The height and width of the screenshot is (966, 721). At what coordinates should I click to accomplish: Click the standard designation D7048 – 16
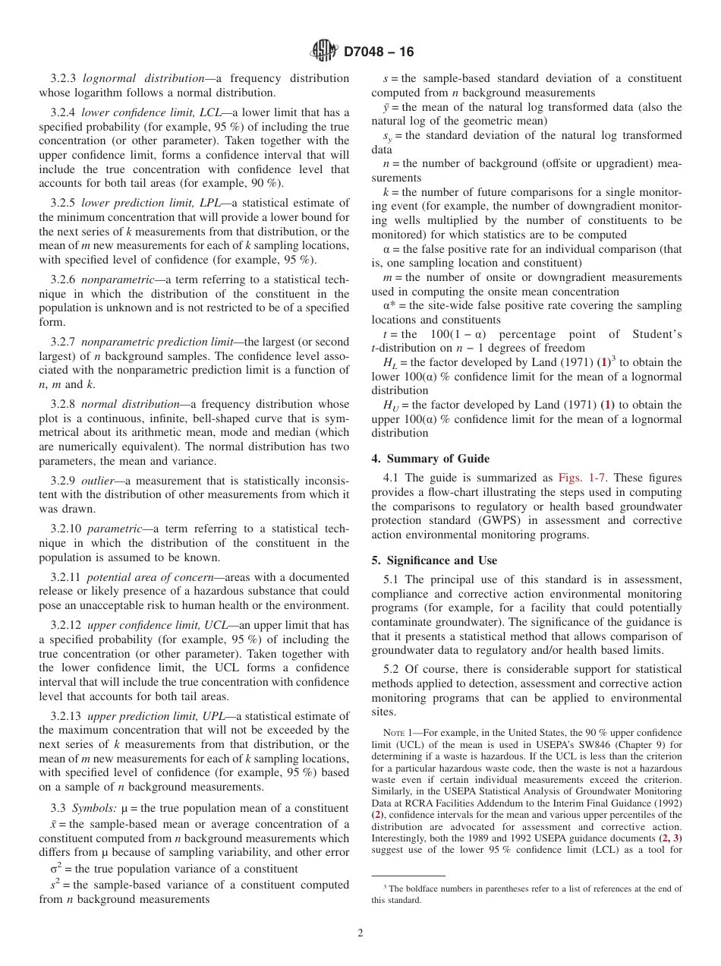[379, 52]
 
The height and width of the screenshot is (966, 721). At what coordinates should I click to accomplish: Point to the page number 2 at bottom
[360, 933]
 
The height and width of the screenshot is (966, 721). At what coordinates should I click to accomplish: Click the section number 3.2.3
[65, 78]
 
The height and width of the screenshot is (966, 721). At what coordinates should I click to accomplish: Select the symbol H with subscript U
[389, 406]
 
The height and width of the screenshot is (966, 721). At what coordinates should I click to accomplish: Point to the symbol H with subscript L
[389, 363]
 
